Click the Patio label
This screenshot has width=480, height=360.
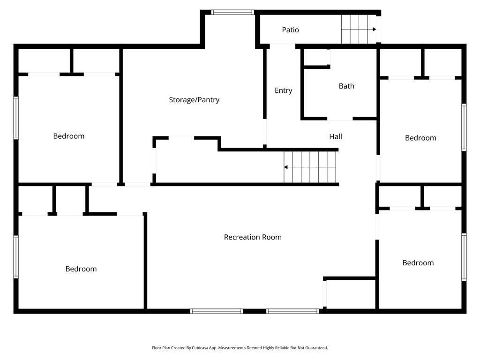[x=290, y=30]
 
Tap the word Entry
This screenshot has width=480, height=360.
[x=283, y=90]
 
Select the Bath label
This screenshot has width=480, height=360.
[x=346, y=86]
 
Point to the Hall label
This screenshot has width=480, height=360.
[x=335, y=137]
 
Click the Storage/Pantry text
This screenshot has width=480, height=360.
[x=194, y=100]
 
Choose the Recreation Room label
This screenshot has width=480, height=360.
[x=253, y=237]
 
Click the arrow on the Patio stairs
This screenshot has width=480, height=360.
[x=374, y=29]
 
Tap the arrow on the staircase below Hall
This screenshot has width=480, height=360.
[x=286, y=167]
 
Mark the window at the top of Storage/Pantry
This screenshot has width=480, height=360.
[x=232, y=12]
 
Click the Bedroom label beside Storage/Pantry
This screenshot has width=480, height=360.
[x=69, y=136]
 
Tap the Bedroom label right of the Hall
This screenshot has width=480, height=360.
[x=420, y=138]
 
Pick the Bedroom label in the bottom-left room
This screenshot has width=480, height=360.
[x=81, y=269]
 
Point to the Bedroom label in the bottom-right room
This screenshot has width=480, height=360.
[x=418, y=263]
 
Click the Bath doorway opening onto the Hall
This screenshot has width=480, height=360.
[x=340, y=119]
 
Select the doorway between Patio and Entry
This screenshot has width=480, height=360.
[x=282, y=46]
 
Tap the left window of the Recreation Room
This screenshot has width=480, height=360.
[x=217, y=311]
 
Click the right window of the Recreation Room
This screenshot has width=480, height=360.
[x=293, y=311]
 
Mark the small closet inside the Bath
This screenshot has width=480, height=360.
[x=316, y=57]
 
